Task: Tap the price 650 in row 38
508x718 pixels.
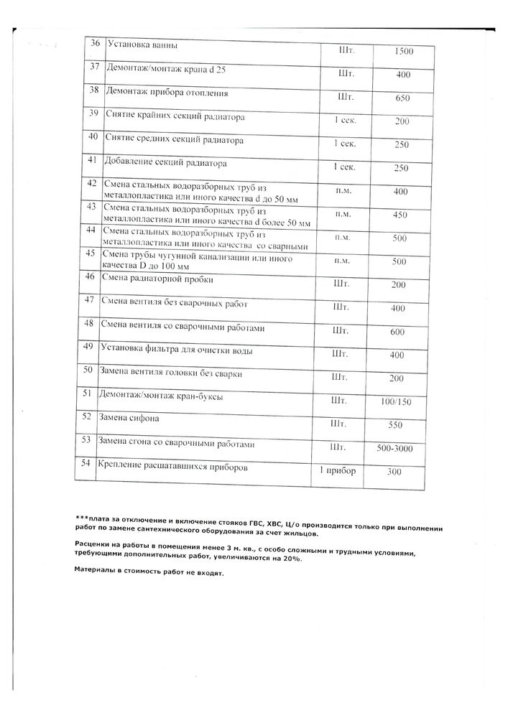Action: pos(402,98)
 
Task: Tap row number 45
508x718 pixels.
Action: pos(91,253)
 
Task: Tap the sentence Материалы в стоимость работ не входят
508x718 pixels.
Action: pos(149,574)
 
